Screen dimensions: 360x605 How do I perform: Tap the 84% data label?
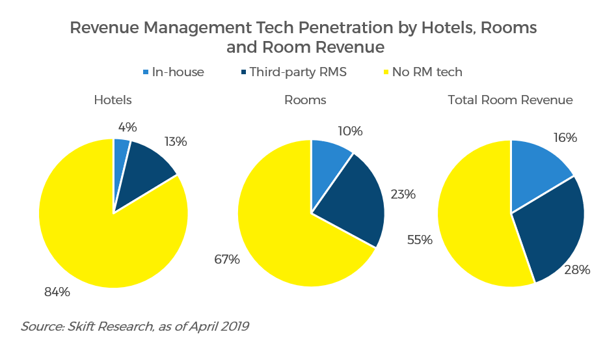click(57, 292)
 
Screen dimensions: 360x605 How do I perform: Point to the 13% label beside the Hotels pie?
click(176, 141)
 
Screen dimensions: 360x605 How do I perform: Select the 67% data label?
click(227, 259)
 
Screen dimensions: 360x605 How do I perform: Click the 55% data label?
click(420, 240)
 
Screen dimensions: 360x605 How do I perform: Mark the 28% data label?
click(577, 270)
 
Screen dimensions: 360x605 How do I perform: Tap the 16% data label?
click(564, 137)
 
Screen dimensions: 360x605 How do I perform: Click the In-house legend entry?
click(172, 72)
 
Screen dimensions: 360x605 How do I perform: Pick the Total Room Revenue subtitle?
click(510, 100)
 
